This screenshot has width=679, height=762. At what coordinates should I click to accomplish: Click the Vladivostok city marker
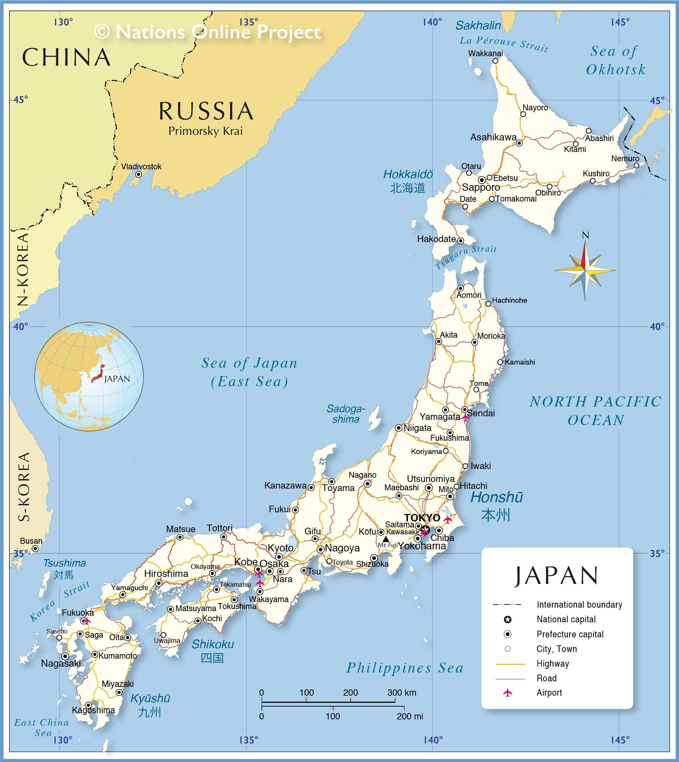(x=138, y=174)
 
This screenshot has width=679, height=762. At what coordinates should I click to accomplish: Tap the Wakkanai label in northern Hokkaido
(x=485, y=53)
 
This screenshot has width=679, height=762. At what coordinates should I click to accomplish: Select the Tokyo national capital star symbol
(x=426, y=530)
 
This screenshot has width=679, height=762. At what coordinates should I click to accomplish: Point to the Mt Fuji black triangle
(x=386, y=539)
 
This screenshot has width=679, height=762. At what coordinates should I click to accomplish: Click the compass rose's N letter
(x=585, y=235)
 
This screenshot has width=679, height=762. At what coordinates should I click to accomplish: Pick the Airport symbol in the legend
(x=507, y=693)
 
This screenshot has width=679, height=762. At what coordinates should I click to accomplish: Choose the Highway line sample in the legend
(x=510, y=664)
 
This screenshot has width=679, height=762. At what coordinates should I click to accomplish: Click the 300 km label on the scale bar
(x=401, y=693)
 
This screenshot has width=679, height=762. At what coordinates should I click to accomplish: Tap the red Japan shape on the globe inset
(x=98, y=374)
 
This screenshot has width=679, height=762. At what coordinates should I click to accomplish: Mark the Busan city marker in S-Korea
(x=35, y=548)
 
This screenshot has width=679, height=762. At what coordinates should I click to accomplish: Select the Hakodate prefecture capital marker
(x=460, y=241)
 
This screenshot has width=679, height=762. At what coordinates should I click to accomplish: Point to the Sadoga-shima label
(x=346, y=414)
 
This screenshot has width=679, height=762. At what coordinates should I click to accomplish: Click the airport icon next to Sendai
(x=465, y=417)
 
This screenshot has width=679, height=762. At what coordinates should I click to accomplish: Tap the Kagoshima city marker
(x=88, y=705)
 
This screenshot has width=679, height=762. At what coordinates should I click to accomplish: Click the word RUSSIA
(x=206, y=111)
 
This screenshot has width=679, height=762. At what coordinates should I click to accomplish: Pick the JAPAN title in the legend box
(x=556, y=576)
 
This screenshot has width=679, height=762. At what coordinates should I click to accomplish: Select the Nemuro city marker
(x=636, y=165)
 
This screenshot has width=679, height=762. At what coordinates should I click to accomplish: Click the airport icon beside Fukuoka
(x=87, y=621)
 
